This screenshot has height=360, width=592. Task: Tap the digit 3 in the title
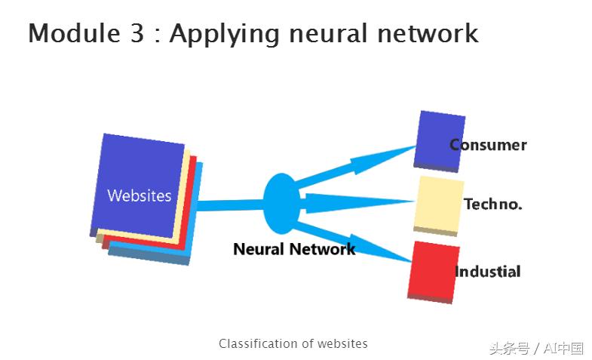click(x=136, y=34)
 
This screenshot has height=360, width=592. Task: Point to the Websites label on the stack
click(x=140, y=195)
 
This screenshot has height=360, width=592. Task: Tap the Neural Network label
click(x=294, y=249)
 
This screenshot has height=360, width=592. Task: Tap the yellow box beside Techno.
click(x=438, y=204)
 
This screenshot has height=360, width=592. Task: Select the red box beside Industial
click(x=432, y=270)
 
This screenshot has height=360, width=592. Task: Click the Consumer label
click(x=489, y=145)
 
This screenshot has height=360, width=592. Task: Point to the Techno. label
click(x=493, y=204)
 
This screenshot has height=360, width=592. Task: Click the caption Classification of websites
click(x=293, y=343)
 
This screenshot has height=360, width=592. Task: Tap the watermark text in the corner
click(x=536, y=348)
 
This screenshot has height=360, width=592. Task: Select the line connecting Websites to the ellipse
click(x=230, y=205)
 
